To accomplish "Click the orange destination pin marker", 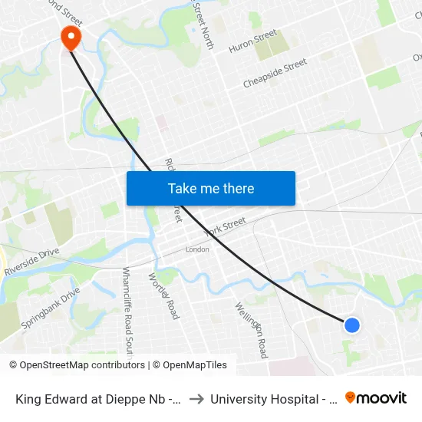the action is (71, 36).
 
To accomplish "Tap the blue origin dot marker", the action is (352, 325).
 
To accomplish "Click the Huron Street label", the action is (252, 41).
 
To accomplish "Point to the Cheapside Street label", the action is (275, 73).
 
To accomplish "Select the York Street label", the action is (225, 227).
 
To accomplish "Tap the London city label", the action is (197, 249).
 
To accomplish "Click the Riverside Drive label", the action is (31, 262).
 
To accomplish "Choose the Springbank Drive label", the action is (51, 308).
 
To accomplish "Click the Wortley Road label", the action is (163, 296).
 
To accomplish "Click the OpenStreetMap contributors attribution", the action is (77, 365).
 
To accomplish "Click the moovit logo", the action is (376, 398).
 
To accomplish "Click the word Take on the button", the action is (184, 189).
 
